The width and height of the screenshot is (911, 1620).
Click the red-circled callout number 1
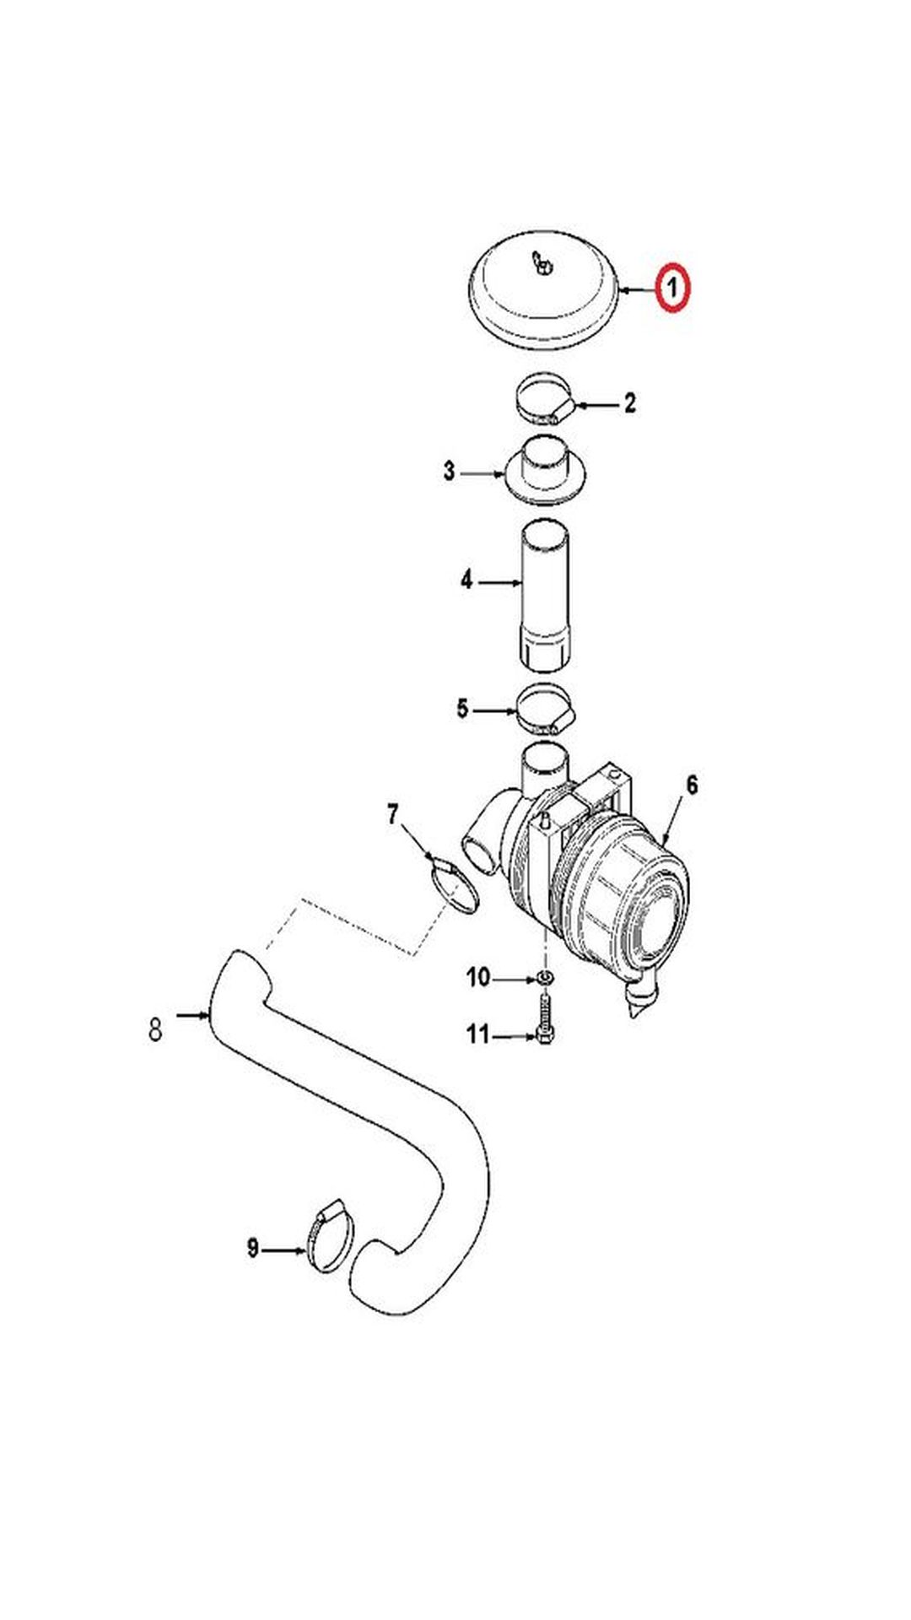(672, 289)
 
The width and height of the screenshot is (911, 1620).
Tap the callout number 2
(629, 403)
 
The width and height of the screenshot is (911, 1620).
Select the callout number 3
(450, 472)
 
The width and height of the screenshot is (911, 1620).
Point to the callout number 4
(466, 580)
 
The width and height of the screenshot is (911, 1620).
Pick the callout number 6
(692, 786)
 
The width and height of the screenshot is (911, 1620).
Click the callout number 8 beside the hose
(155, 1030)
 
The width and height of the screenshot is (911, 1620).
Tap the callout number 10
(478, 978)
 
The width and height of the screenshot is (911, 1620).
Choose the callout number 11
(477, 1034)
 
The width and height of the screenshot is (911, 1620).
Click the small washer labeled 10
(545, 979)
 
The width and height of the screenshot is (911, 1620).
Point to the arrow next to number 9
(285, 1250)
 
